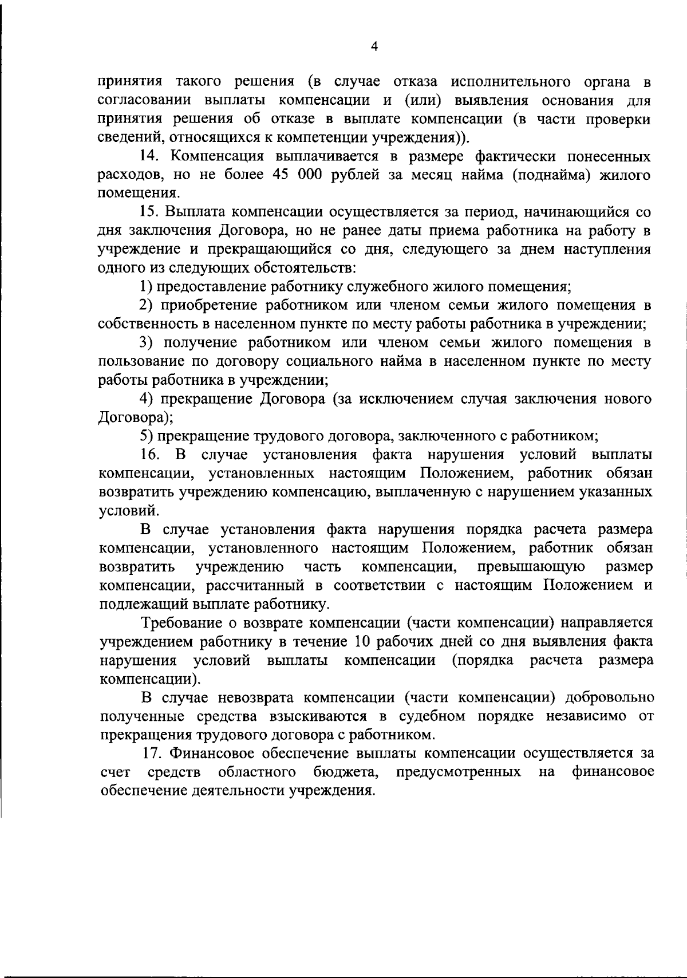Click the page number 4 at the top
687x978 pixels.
pos(374,48)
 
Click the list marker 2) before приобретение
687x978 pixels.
pos(147,305)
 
